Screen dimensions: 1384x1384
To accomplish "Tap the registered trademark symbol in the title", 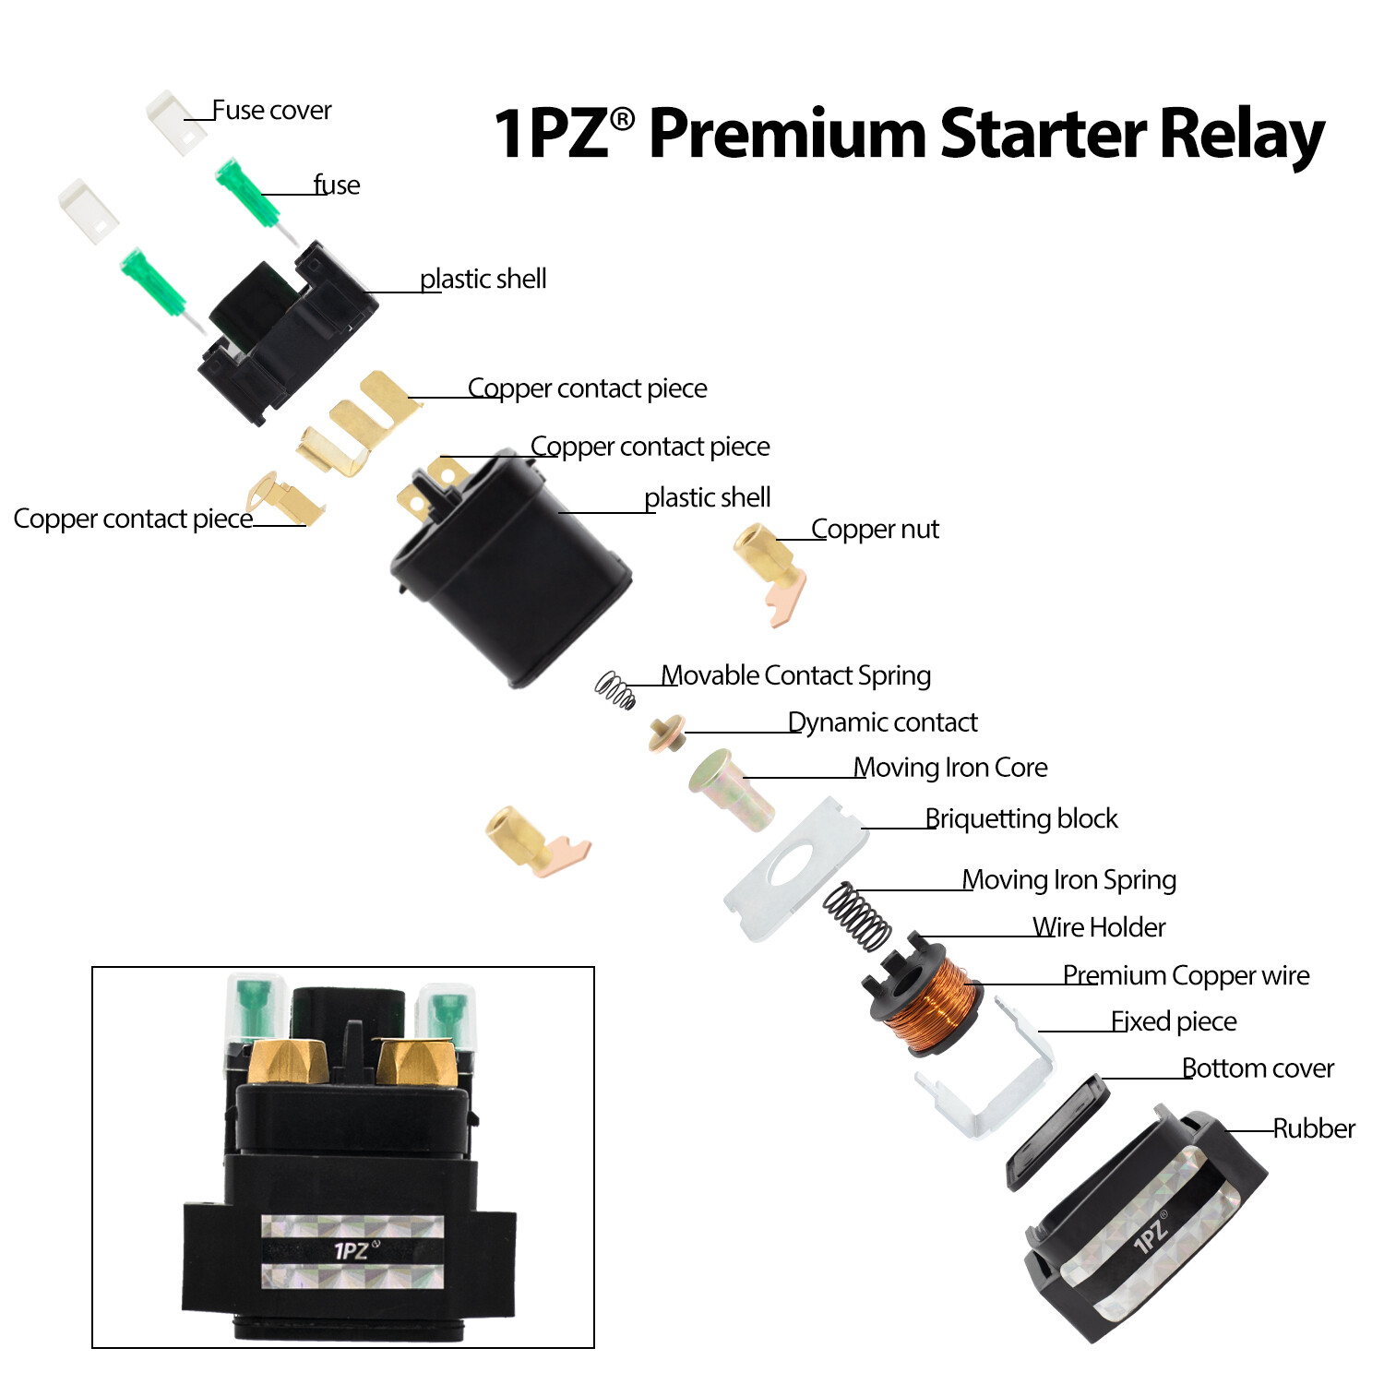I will coord(622,119).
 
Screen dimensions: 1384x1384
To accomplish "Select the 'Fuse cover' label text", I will coord(271,111).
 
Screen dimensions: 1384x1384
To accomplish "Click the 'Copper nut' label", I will coord(875,530).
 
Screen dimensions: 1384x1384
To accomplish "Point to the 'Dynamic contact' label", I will coord(882,722).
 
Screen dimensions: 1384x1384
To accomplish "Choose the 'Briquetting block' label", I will coord(1021,818).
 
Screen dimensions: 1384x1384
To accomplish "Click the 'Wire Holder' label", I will coord(1099,927).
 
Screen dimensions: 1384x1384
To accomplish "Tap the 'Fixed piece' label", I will coord(1174,1021).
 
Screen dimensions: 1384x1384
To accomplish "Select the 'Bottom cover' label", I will coord(1258,1068).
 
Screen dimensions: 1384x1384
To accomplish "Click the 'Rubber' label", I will coord(1314,1128).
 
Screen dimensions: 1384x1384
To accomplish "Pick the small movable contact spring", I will coord(615,689).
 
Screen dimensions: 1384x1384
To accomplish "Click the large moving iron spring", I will coord(856,915).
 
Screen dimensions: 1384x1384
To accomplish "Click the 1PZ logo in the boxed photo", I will coord(352,1251).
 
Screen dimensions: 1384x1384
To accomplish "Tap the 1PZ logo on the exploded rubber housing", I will coord(1150,1233).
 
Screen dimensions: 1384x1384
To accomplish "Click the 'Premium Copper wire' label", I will coord(1186,975).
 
